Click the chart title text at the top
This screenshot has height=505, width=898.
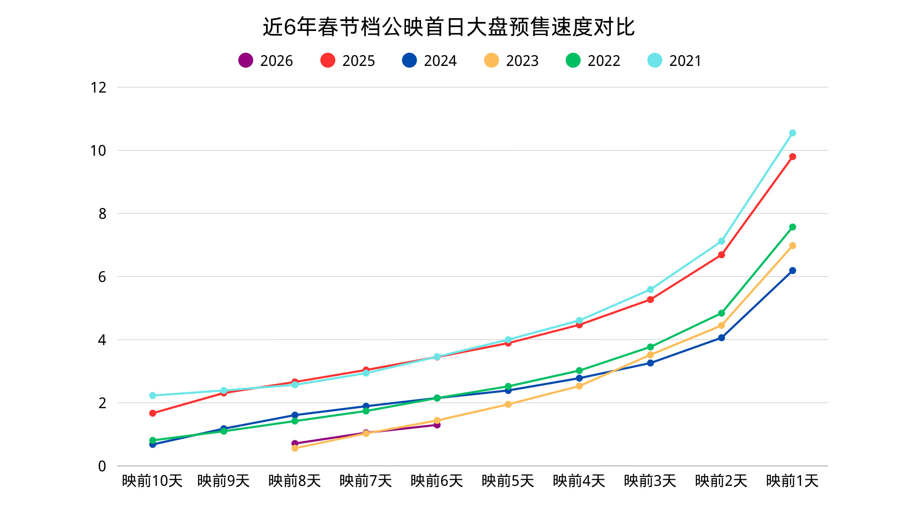coord(449,27)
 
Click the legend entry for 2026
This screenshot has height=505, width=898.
coord(265,61)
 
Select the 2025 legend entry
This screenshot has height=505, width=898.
coord(348,61)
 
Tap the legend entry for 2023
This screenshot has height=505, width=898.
coord(511,61)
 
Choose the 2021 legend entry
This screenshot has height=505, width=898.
coord(674,61)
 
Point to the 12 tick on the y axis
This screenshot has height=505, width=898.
coord(99,87)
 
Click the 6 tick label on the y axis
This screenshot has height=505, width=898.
coord(102,277)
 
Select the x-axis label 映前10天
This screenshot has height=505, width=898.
coord(152,481)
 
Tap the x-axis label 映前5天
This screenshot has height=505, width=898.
coord(508,481)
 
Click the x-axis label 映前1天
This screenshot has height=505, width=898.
coord(792,481)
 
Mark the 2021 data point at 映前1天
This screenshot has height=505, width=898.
coord(792,133)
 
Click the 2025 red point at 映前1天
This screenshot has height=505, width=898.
coord(792,157)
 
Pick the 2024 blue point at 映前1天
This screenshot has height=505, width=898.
coord(792,271)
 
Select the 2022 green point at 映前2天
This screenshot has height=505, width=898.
coord(721,313)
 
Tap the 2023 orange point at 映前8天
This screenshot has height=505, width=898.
coord(295,448)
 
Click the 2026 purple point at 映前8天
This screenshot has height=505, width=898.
coord(295,443)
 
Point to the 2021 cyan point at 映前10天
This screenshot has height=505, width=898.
coord(152,396)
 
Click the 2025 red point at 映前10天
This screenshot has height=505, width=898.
coord(152,413)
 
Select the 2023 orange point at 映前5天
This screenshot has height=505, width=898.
coord(508,404)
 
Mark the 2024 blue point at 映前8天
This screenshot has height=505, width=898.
coord(295,415)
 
